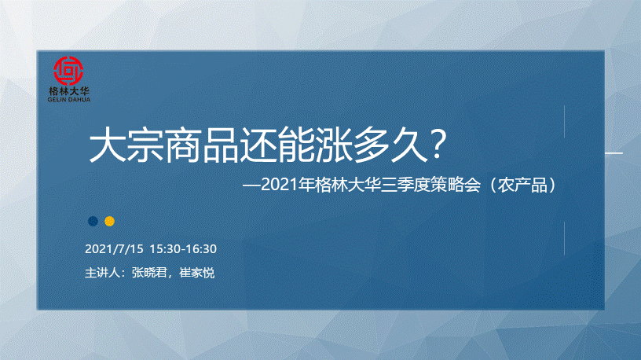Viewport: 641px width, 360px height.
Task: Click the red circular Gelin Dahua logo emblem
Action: click(x=68, y=71)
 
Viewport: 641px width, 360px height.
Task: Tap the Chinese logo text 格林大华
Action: click(x=68, y=91)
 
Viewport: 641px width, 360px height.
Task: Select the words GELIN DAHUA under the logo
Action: click(x=68, y=99)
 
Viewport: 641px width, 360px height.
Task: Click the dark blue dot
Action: click(x=93, y=222)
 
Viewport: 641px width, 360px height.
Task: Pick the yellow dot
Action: click(x=109, y=222)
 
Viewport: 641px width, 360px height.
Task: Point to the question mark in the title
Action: click(x=438, y=144)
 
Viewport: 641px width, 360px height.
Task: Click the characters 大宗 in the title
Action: click(x=126, y=145)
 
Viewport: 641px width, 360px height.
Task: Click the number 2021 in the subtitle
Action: click(x=279, y=185)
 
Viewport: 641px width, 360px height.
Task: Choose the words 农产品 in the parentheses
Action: click(x=523, y=185)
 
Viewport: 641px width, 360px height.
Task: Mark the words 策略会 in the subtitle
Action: click(x=455, y=185)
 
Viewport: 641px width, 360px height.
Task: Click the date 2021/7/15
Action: click(x=114, y=248)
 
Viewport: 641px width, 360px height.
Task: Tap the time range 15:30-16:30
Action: click(x=183, y=248)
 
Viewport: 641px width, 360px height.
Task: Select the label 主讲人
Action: click(x=102, y=273)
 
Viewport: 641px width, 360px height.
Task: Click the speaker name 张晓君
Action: click(x=149, y=273)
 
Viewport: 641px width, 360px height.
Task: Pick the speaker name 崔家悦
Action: click(x=197, y=273)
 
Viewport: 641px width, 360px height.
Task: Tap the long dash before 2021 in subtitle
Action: click(x=251, y=186)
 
